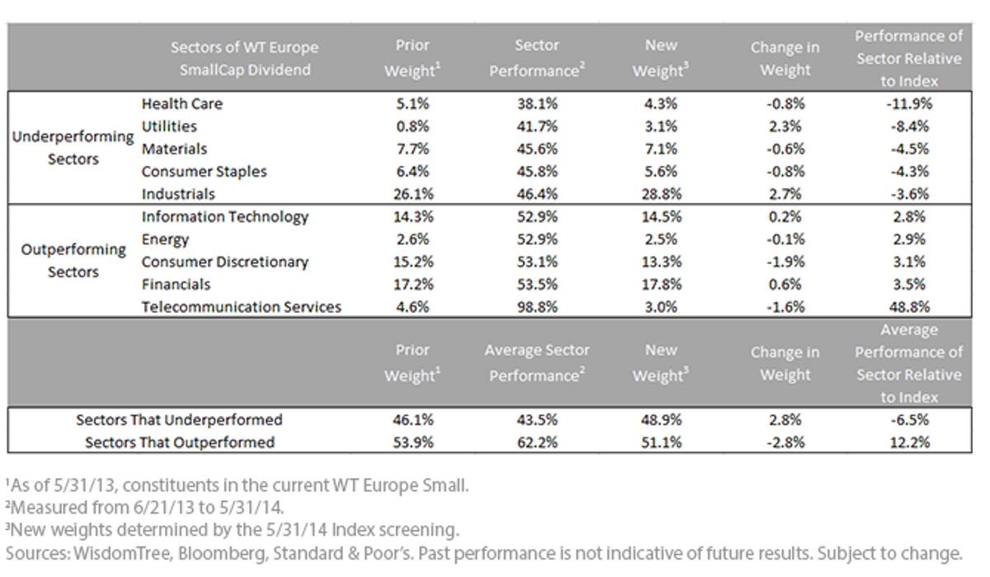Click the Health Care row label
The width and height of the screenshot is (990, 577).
tap(182, 103)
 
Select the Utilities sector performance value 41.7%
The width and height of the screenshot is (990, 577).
tap(537, 126)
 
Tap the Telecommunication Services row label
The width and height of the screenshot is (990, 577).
tap(241, 307)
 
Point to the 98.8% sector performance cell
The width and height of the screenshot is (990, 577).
tap(537, 307)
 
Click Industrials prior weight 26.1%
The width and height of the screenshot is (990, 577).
tap(413, 194)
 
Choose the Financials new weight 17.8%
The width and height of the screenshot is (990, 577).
tap(661, 284)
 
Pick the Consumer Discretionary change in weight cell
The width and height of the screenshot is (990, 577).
tap(785, 262)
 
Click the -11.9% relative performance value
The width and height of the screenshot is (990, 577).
tap(909, 103)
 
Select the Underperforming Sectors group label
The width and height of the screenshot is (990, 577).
tap(73, 148)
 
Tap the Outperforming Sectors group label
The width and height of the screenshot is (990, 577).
tap(73, 260)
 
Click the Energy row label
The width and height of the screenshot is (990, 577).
tap(165, 239)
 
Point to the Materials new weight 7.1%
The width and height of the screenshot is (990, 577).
tap(661, 149)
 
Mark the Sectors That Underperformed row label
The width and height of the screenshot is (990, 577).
tap(179, 419)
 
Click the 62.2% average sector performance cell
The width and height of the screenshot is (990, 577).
tap(537, 442)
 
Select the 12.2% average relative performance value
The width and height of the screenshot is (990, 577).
tap(909, 442)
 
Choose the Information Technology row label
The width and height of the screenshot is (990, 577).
tap(225, 216)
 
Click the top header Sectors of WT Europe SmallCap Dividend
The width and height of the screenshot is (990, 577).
tap(244, 59)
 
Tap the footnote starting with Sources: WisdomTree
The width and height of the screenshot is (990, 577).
tap(484, 553)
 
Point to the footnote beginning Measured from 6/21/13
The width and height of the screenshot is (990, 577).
tap(144, 508)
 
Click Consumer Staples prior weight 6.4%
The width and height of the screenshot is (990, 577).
tap(412, 172)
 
